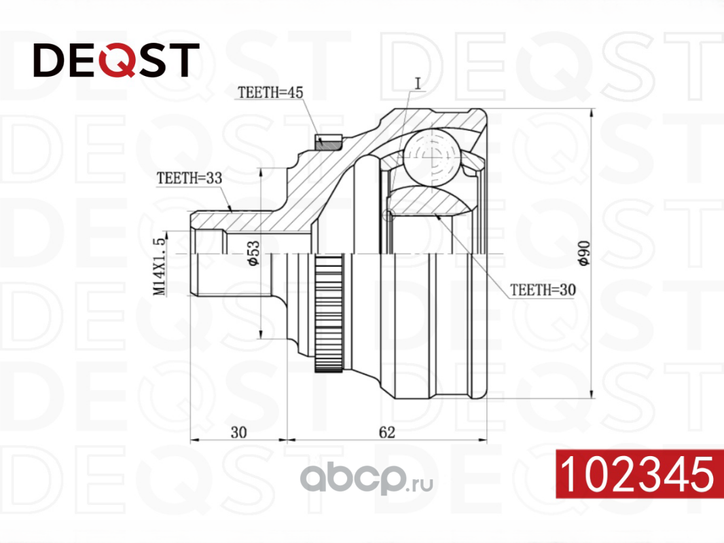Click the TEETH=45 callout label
(269, 92)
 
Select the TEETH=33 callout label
(189, 179)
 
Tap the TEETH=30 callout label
(543, 290)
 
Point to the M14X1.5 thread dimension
(160, 266)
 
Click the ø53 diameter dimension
(251, 252)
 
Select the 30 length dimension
(238, 430)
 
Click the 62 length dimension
(386, 430)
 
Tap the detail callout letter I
(418, 83)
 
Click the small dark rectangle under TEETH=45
(327, 141)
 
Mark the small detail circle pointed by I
(388, 216)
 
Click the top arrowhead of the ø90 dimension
(593, 113)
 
